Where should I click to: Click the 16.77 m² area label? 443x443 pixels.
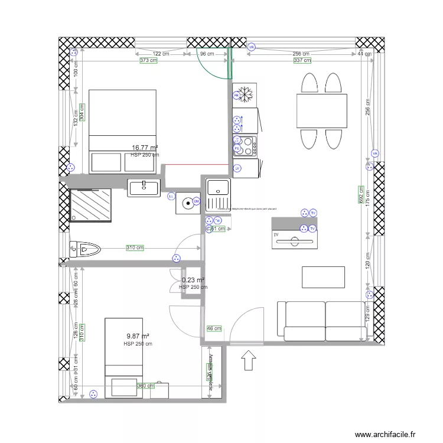(x=145, y=148)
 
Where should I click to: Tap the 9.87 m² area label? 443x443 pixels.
(x=137, y=337)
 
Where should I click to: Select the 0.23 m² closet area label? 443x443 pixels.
(x=193, y=281)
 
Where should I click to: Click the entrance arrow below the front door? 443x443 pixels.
(x=249, y=359)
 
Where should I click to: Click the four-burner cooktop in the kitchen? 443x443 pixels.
(x=246, y=146)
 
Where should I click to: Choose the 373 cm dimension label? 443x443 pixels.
(x=148, y=60)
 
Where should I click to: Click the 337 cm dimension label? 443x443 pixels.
(x=302, y=60)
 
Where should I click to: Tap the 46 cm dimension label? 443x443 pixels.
(x=214, y=329)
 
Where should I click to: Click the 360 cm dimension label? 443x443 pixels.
(x=146, y=386)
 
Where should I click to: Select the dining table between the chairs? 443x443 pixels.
(x=321, y=110)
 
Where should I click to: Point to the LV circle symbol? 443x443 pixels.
(x=237, y=168)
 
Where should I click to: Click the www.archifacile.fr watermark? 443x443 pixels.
(x=389, y=434)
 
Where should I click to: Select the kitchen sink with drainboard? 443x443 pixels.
(x=217, y=196)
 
